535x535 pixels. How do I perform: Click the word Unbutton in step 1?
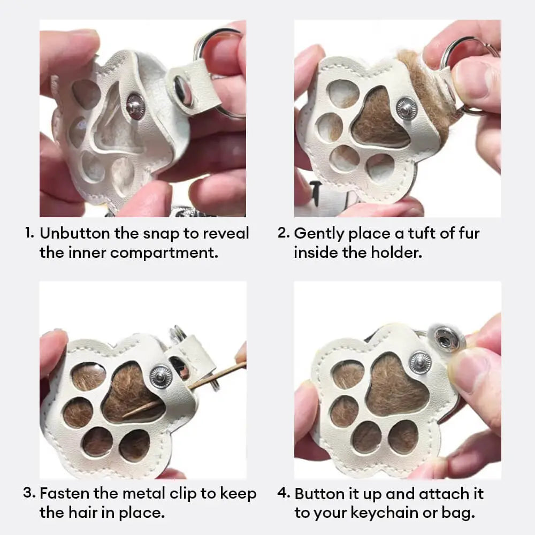pyautogui.click(x=75, y=233)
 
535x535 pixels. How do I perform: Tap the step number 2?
pyautogui.click(x=283, y=233)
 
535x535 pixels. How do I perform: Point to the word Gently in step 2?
pyautogui.click(x=319, y=234)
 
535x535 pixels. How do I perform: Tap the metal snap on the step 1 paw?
pyautogui.click(x=135, y=106)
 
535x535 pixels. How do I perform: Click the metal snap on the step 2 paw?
pyautogui.click(x=407, y=109)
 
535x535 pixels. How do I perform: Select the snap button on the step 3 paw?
pyautogui.click(x=160, y=376)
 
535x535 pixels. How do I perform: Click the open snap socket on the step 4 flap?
pyautogui.click(x=447, y=338)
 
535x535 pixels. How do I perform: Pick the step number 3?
pyautogui.click(x=29, y=493)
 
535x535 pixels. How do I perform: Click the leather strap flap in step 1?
pyautogui.click(x=193, y=88)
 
